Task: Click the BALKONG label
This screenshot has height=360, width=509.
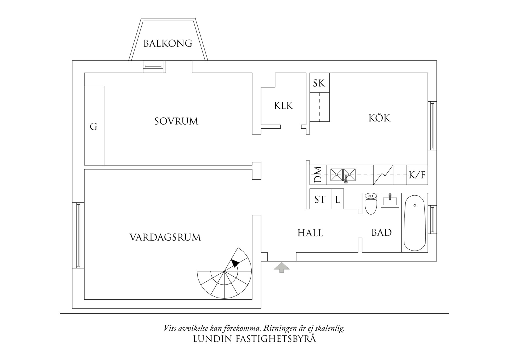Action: click(x=168, y=44)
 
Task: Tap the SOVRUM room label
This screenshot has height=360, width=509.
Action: click(x=176, y=121)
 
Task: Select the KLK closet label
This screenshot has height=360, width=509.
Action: click(x=284, y=106)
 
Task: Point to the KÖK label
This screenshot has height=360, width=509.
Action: click(x=379, y=118)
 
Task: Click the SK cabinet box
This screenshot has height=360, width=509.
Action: click(x=319, y=83)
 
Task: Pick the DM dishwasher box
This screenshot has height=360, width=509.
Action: click(x=318, y=175)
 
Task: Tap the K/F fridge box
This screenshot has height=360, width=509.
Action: click(x=417, y=175)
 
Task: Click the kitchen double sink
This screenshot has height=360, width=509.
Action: click(x=343, y=174)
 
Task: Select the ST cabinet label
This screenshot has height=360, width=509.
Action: click(x=320, y=199)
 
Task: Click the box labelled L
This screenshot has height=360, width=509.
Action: click(x=337, y=199)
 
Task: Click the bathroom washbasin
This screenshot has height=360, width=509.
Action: click(x=390, y=200)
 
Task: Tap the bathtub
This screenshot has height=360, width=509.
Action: click(x=414, y=223)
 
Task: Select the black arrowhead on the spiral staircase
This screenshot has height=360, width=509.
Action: click(x=234, y=263)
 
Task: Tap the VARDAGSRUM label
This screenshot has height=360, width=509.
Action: click(x=165, y=237)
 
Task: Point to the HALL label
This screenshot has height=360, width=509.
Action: click(x=310, y=233)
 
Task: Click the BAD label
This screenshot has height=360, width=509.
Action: click(x=381, y=233)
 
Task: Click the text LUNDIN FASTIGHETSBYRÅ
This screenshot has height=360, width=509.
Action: click(x=254, y=339)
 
